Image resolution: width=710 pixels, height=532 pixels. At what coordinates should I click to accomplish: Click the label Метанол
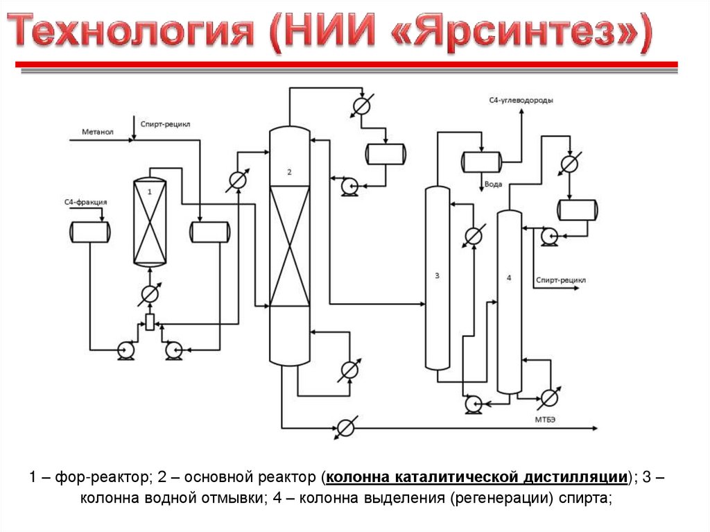coord(97,132)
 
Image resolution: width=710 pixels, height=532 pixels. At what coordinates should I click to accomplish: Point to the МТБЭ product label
coord(545,418)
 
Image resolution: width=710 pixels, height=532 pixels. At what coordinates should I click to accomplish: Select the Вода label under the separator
coord(493,185)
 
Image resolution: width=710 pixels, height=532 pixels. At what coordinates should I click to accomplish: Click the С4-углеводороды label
coord(521,101)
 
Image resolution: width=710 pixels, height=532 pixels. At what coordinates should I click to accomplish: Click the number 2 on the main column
coord(289,171)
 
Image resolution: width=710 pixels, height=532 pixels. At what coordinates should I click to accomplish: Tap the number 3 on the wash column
coord(437,276)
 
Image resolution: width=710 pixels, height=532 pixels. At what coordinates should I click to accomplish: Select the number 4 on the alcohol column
coord(509,278)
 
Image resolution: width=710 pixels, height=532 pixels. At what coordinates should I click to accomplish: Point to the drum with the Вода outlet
coord(481,162)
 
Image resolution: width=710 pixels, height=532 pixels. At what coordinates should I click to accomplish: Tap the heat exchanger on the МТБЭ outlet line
coord(346,427)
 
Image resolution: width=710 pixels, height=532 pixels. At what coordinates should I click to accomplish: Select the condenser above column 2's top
coord(361,105)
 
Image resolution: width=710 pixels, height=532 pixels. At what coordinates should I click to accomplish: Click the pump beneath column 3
coord(474,403)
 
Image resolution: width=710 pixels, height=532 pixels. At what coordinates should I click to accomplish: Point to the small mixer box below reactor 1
coord(149,321)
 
